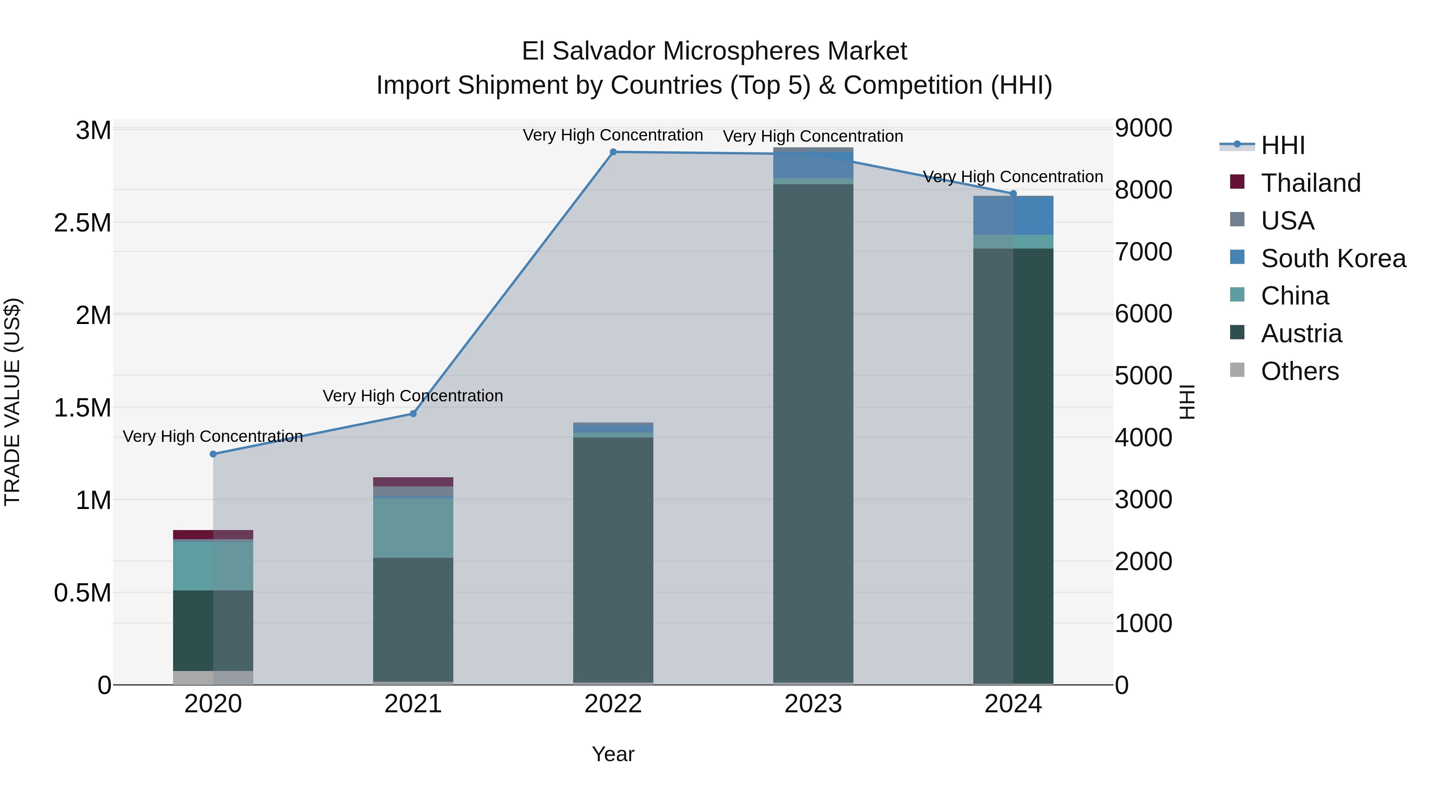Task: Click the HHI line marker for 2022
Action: click(x=613, y=152)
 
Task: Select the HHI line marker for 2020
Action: click(x=213, y=454)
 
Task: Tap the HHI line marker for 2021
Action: click(x=413, y=413)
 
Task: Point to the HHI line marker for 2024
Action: click(x=1013, y=194)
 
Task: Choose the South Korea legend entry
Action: click(x=1333, y=258)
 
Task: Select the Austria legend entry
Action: click(x=1301, y=334)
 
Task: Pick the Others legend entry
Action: click(x=1299, y=371)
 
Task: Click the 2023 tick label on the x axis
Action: click(x=813, y=704)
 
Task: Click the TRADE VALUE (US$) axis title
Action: click(x=12, y=402)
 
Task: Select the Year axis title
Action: click(x=612, y=754)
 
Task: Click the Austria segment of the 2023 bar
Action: click(x=813, y=433)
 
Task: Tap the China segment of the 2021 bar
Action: click(x=413, y=528)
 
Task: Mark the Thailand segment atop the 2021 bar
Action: click(x=413, y=482)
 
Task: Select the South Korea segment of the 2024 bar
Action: click(x=1013, y=216)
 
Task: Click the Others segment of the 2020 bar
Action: click(x=213, y=677)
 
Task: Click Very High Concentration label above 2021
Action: click(x=413, y=395)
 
